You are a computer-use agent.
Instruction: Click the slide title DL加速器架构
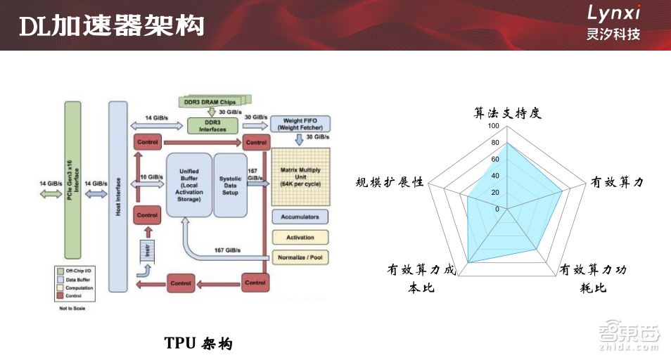pyautogui.click(x=112, y=26)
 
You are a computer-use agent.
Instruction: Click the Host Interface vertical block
pyautogui.click(x=117, y=195)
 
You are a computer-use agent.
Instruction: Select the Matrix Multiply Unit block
pyautogui.click(x=300, y=174)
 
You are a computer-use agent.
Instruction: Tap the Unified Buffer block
pyautogui.click(x=188, y=184)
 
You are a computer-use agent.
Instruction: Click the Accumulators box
pyautogui.click(x=300, y=217)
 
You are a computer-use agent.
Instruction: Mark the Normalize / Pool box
pyautogui.click(x=300, y=257)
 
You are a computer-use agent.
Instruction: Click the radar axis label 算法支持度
pyautogui.click(x=507, y=113)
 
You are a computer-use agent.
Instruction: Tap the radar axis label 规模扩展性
pyautogui.click(x=390, y=182)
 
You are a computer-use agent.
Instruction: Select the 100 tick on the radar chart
pyautogui.click(x=493, y=127)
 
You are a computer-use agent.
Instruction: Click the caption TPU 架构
pyautogui.click(x=198, y=343)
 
